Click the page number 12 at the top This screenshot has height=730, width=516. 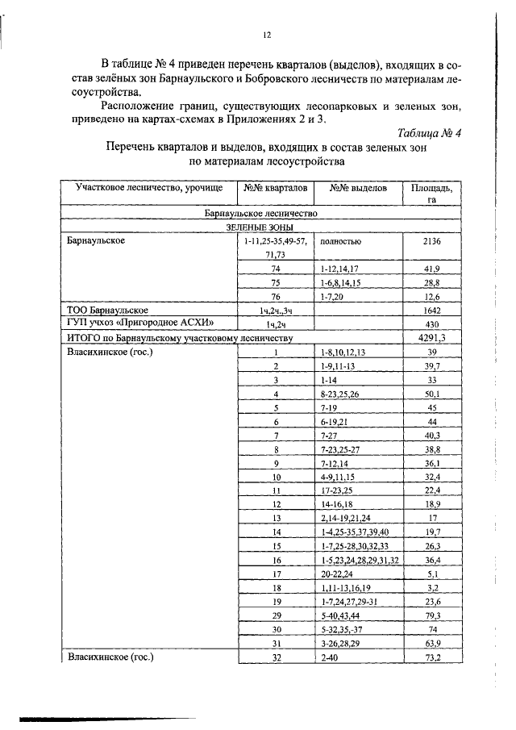(267, 35)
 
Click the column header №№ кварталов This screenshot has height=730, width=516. (274, 188)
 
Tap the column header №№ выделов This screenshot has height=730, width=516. (358, 188)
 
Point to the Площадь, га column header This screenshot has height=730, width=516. (431, 194)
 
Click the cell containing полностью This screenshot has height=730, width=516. (340, 241)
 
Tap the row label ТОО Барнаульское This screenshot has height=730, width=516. (106, 310)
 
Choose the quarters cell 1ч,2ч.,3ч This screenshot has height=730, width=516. (275, 310)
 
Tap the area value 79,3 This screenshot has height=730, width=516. (432, 615)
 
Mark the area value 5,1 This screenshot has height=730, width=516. (432, 574)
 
